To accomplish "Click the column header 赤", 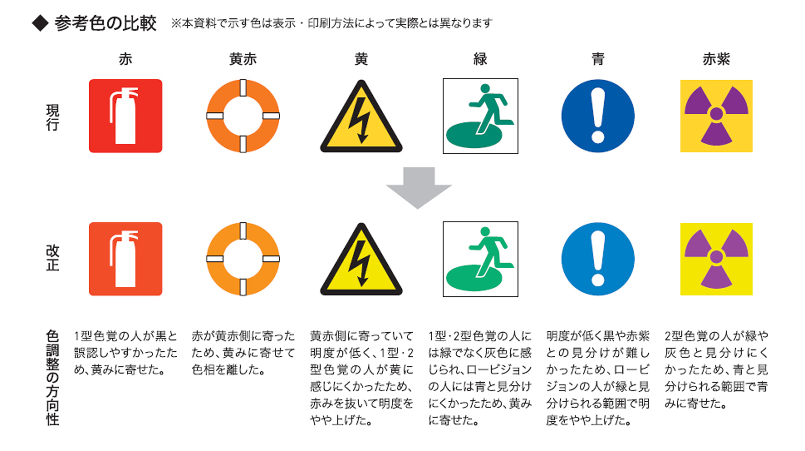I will [125, 59].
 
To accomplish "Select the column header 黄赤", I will [243, 59].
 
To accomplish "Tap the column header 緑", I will [480, 59].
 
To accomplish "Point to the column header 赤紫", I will [716, 59].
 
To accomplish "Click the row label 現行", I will [52, 117].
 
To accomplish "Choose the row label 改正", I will [52, 258].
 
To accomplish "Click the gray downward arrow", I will [418, 187].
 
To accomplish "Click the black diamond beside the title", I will [40, 23].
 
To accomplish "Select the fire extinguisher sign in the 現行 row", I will [125, 116].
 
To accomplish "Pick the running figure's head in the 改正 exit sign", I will [485, 232].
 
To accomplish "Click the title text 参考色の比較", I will [105, 24].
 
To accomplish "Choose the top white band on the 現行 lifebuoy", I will [243, 88].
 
